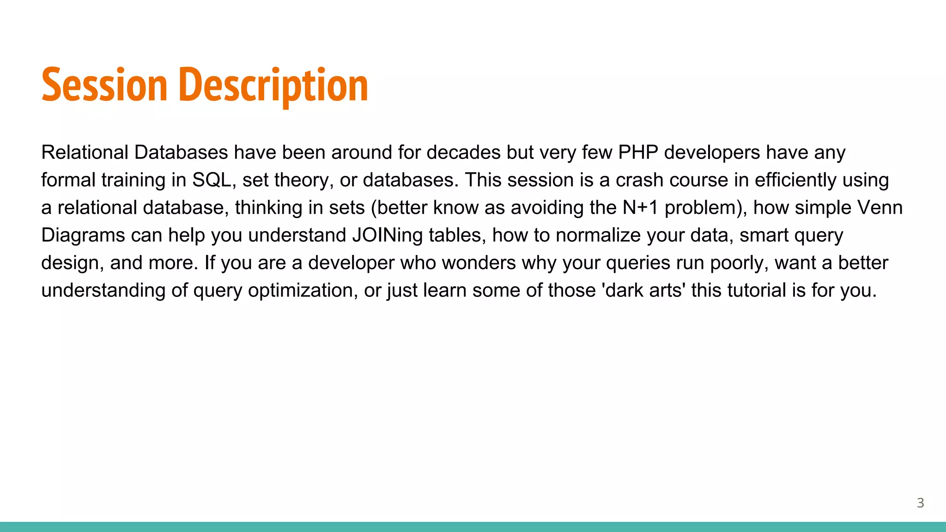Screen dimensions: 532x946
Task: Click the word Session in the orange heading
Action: click(x=104, y=85)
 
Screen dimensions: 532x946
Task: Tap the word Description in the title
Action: click(x=273, y=85)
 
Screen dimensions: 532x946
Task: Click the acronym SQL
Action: click(x=212, y=180)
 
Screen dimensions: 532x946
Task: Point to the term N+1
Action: click(x=640, y=208)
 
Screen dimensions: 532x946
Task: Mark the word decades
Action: click(x=463, y=152)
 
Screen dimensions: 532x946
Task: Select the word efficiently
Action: click(x=795, y=180)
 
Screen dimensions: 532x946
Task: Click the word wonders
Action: click(x=479, y=263)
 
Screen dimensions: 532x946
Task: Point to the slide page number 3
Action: click(x=920, y=503)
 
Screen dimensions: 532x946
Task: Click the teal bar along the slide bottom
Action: click(x=473, y=527)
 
